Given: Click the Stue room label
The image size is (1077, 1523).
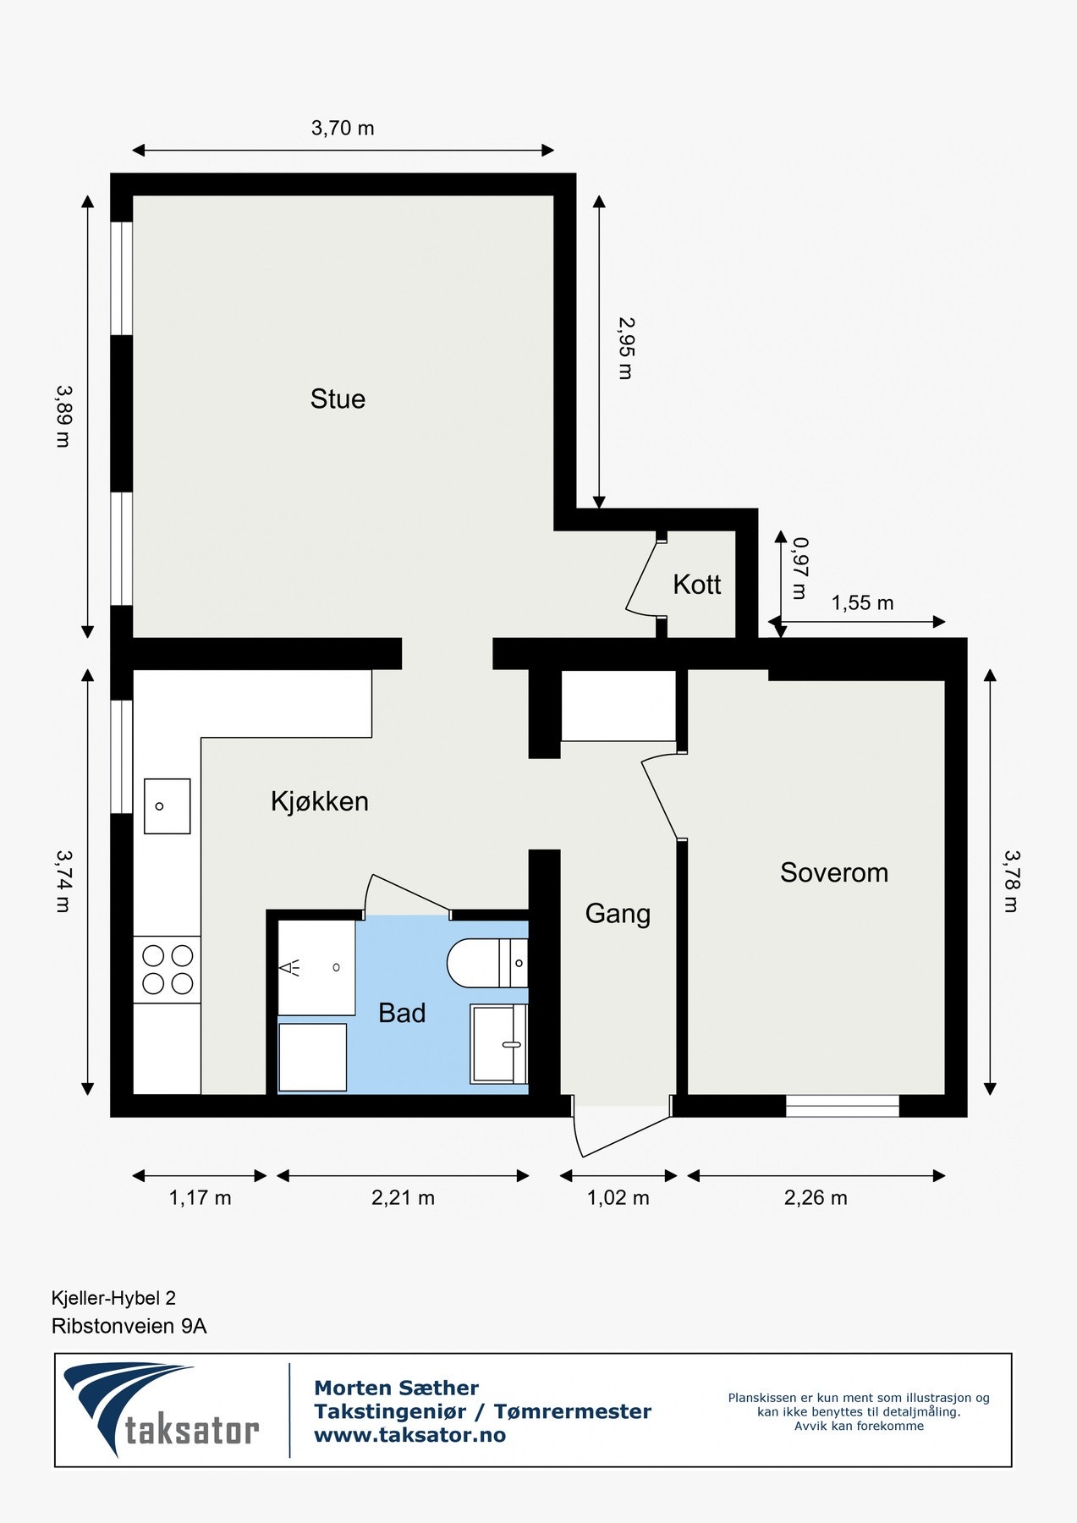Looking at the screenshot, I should pos(338,399).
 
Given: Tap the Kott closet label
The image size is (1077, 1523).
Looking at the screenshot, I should pos(696,584).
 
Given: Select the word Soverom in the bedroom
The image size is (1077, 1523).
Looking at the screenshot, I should pos(833,872).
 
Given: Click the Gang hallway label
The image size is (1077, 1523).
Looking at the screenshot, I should pos(618,914).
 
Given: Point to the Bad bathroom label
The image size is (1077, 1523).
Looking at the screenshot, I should pos(401,1013).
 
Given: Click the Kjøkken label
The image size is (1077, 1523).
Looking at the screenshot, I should pos(319,801).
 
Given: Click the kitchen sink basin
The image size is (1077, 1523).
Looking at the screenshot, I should pos(167,806).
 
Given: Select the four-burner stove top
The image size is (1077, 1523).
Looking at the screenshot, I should pos(167,970).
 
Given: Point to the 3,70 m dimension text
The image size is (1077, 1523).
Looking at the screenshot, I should pos(342,129).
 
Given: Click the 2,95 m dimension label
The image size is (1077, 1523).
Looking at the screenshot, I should pos(626,348).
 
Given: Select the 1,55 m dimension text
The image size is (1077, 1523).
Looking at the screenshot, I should pos(861,603).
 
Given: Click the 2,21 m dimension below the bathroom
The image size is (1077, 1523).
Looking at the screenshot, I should pos(403,1198).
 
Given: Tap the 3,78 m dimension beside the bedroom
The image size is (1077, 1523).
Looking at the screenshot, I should pos(1012,881).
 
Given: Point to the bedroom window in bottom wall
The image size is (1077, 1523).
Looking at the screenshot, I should pos(842,1106).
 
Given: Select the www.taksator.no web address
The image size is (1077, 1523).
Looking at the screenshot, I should pos(409,1435).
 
